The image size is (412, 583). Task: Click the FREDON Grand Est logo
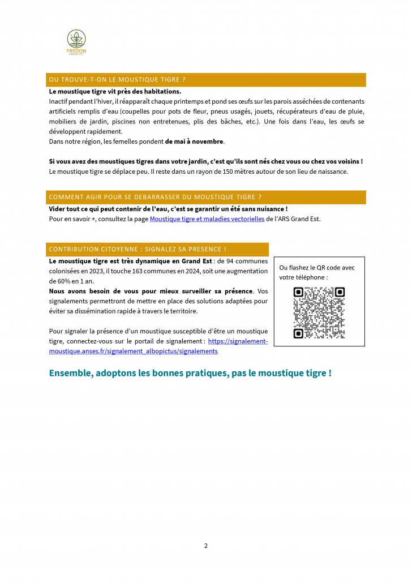click(76, 43)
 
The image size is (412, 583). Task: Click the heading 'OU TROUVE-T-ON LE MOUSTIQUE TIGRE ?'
click(118, 80)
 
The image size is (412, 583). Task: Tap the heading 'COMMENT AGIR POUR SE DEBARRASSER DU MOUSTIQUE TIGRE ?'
click(155, 197)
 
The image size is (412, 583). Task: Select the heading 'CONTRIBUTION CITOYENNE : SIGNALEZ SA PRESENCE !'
click(138, 249)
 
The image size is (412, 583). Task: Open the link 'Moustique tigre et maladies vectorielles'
click(207, 219)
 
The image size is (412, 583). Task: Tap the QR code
click(319, 313)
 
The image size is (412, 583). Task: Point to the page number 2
click(206, 546)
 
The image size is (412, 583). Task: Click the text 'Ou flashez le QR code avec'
click(317, 267)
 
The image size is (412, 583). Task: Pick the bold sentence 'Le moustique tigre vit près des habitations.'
click(115, 91)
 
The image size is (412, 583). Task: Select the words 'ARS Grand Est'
click(301, 219)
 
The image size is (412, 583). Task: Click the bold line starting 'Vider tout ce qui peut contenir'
click(168, 209)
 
